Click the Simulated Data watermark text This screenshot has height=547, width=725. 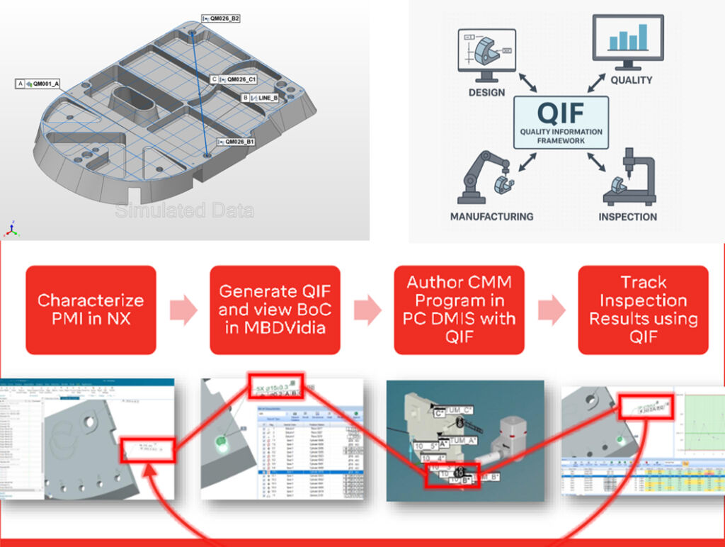(x=184, y=210)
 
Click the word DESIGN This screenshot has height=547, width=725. (x=486, y=92)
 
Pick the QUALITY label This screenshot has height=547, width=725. (x=631, y=80)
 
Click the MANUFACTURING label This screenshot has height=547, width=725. (x=491, y=216)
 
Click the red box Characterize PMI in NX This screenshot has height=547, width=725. (x=91, y=310)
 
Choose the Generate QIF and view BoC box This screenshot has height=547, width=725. (x=275, y=310)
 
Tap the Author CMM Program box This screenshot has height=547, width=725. (x=459, y=310)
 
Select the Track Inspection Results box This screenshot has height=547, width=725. (x=643, y=310)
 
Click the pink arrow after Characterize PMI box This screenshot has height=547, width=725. (x=183, y=310)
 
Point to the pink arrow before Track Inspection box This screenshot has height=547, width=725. (x=552, y=310)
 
